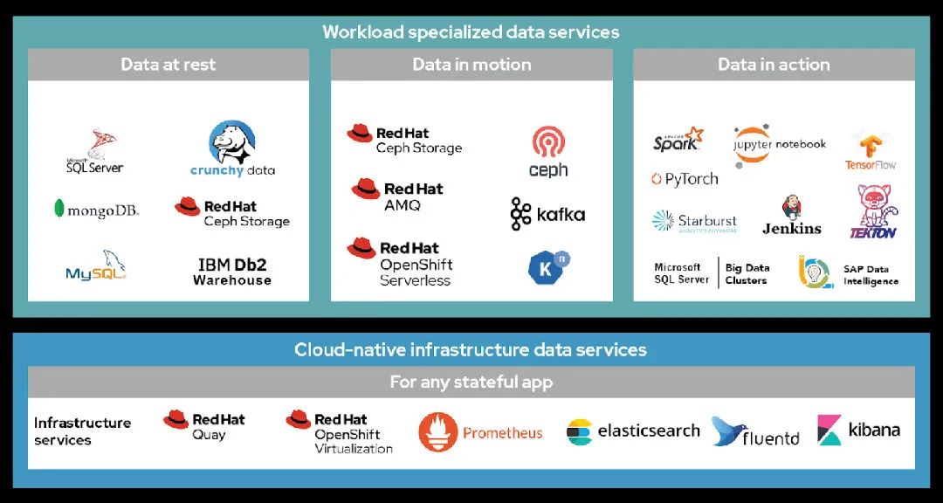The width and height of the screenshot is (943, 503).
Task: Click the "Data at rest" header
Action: tap(169, 65)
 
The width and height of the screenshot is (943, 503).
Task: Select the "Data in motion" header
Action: tap(471, 65)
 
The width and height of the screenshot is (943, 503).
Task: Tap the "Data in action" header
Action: tap(774, 65)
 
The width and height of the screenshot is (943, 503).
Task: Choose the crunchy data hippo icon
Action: tap(231, 142)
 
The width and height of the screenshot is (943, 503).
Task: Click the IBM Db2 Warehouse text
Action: tap(232, 272)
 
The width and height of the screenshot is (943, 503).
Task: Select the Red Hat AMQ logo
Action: tap(397, 196)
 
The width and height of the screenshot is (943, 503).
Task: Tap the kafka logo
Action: tap(547, 214)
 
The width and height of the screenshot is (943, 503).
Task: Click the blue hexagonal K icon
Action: tap(548, 267)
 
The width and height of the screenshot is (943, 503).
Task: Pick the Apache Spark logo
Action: tap(678, 140)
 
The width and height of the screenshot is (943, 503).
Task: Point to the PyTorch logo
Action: tap(684, 179)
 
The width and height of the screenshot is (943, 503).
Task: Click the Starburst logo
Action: tap(695, 222)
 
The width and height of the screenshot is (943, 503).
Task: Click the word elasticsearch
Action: tap(648, 431)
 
